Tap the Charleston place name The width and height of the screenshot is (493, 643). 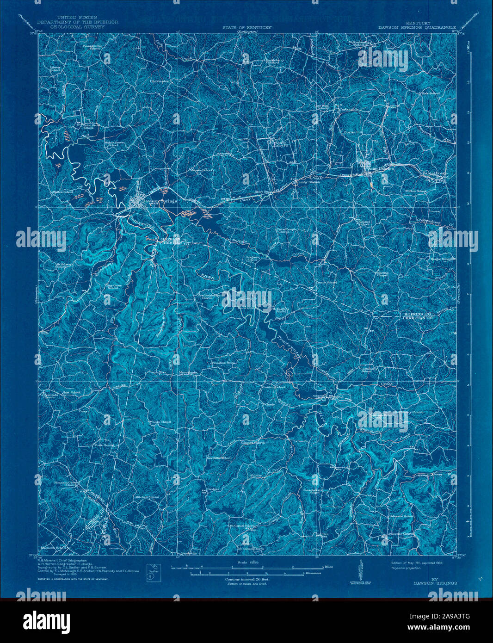point(160,81)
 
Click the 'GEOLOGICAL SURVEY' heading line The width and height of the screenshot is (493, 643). point(71,27)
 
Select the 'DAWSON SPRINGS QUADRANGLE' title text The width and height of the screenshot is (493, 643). point(417,27)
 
